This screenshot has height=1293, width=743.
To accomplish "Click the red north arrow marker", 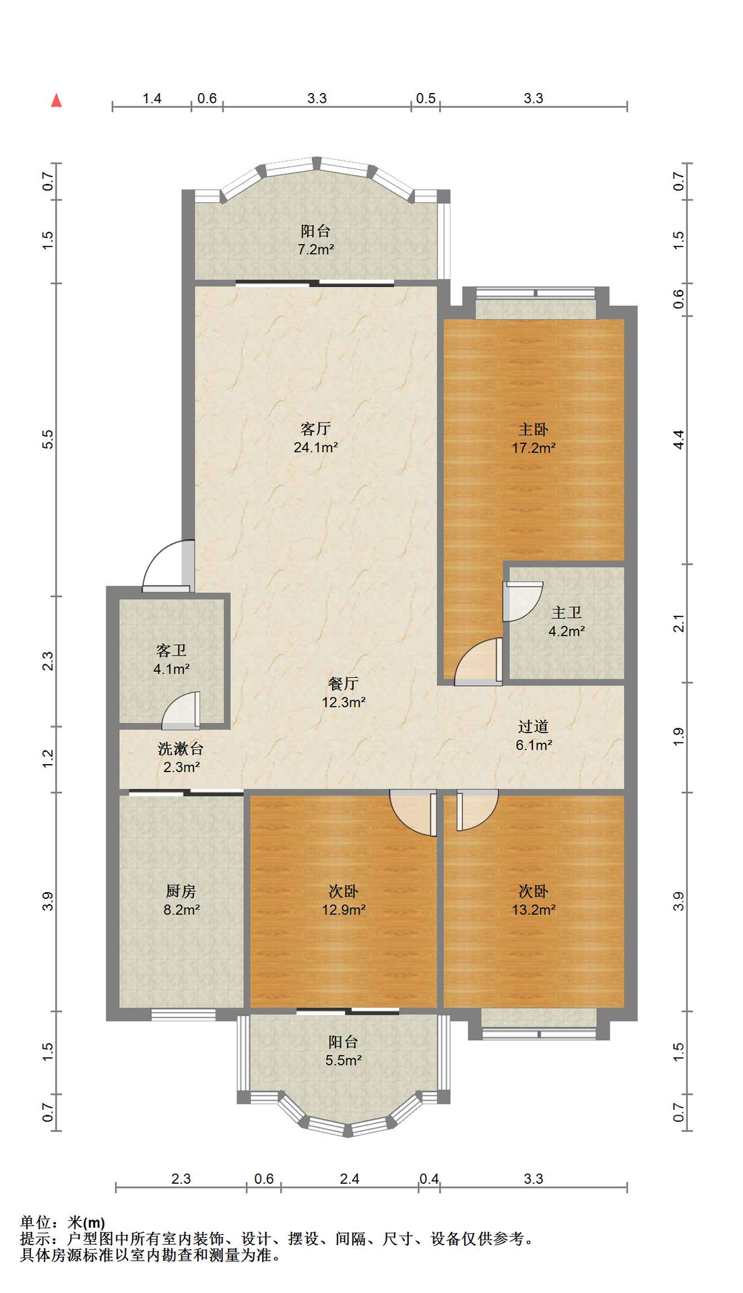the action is (x=57, y=100).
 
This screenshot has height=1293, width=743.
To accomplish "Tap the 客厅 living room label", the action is (x=315, y=429).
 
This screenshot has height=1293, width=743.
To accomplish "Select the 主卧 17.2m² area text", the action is (x=534, y=447).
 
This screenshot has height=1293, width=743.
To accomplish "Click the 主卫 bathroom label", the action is (x=567, y=612).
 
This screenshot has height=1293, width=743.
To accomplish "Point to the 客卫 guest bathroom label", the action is (x=171, y=650).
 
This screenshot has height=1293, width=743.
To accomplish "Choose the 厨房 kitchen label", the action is (x=181, y=891).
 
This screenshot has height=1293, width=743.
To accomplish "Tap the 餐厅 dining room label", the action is (x=344, y=683).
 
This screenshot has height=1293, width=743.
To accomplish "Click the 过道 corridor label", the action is (x=534, y=726).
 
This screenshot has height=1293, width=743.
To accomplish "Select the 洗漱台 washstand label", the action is (x=181, y=749).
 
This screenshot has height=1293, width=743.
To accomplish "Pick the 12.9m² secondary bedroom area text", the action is (x=344, y=910).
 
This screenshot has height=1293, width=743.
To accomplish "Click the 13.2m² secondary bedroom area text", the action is (x=534, y=910).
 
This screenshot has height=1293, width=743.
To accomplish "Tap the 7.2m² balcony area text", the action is (x=316, y=249).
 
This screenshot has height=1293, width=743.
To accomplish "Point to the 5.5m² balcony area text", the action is (x=344, y=1061).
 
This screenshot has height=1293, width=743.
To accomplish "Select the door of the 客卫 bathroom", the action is (x=181, y=710).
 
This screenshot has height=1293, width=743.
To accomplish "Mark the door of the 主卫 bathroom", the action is (x=523, y=601).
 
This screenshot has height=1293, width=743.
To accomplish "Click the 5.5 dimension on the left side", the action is (x=48, y=440).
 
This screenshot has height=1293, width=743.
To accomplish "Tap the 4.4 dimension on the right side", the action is (x=679, y=440).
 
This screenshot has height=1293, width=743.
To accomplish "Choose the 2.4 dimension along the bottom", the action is (x=350, y=1178).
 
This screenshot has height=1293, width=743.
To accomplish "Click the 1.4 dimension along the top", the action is (x=152, y=98).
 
